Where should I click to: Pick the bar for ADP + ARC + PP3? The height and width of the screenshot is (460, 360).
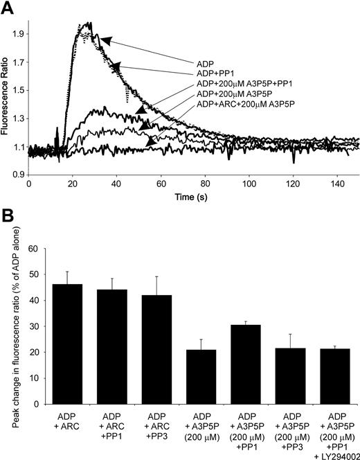(167, 340)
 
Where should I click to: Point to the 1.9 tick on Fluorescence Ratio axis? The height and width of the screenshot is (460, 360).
(17, 33)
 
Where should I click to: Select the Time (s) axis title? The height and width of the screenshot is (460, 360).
(192, 197)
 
